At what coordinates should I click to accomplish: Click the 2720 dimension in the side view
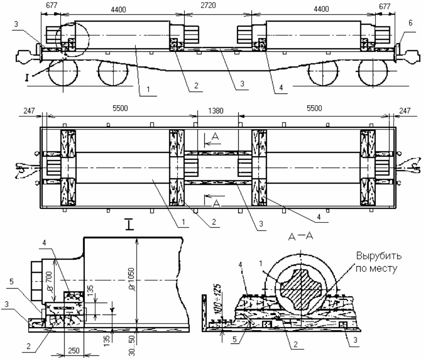[208, 5]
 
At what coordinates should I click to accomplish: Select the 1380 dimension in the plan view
[216, 111]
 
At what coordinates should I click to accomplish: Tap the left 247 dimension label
[29, 111]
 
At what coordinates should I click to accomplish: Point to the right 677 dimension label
[384, 6]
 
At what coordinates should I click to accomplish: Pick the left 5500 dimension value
[120, 108]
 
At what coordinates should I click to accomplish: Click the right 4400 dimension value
[321, 9]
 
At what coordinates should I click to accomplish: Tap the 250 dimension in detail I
[73, 350]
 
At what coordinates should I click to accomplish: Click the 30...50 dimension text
[132, 346]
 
